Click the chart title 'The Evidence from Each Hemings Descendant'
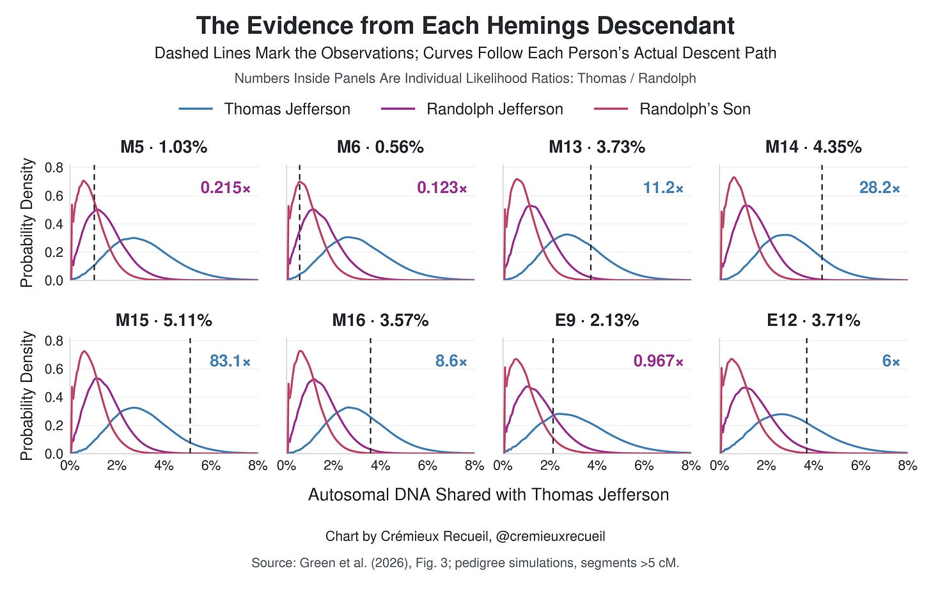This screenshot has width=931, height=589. point(465,26)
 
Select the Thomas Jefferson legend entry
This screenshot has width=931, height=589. point(265,109)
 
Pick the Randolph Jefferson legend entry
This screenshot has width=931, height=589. point(472,109)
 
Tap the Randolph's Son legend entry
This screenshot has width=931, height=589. point(672,109)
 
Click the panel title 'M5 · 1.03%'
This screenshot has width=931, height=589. point(164,147)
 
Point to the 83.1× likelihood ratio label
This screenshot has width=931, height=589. point(230,361)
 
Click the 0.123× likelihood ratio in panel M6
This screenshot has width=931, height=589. point(442,188)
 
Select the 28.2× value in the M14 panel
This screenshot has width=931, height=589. point(879,188)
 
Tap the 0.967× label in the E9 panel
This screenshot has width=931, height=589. point(659,361)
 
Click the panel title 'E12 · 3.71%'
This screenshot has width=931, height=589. point(813,320)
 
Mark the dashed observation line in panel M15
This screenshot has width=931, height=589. point(190,396)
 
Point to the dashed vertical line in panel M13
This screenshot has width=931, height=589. point(591,223)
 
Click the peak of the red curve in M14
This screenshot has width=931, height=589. point(734,178)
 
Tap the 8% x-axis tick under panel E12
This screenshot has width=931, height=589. point(907,466)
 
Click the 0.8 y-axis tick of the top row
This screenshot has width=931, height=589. point(54,168)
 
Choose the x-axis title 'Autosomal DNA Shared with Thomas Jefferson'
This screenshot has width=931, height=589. point(489,494)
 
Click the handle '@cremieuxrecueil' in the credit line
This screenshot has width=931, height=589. point(551,536)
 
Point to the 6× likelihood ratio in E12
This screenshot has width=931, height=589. point(891,361)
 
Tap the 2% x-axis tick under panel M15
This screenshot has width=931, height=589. point(117,466)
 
